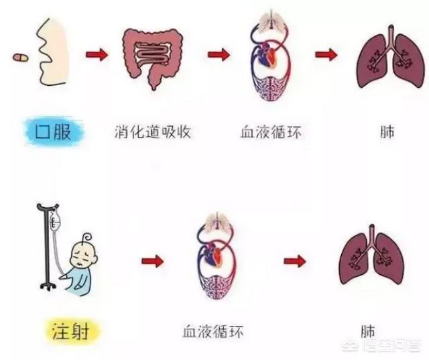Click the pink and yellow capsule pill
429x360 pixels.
pos(20,58)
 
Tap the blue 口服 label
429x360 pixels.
pos(54,132)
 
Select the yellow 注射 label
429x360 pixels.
pos(70,331)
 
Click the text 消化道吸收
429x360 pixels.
pos(152,132)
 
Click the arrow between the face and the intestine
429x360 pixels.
pos(97,55)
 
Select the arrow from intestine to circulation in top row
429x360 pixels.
pos(219,55)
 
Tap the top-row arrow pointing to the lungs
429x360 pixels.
pos(326,55)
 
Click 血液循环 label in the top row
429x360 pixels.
pos(271,132)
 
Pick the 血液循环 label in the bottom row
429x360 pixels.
pos(213,331)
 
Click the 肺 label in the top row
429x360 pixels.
pos(387,132)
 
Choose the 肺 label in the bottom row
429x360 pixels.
pos(368,331)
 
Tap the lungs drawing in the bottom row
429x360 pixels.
pos(371,256)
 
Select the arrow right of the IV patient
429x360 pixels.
pos(152,261)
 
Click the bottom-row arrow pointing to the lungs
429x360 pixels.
pos(295,261)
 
